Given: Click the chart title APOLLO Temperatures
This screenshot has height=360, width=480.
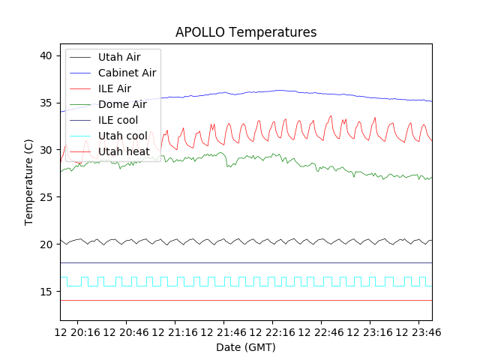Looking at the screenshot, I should click(246, 32).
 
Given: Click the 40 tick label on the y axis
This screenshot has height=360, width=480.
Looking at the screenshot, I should click(46, 55).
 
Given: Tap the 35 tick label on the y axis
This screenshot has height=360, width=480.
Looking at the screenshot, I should click(46, 103).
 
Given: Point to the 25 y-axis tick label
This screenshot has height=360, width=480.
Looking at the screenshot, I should click(46, 197).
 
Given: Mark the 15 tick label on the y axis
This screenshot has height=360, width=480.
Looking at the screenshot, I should click(46, 292).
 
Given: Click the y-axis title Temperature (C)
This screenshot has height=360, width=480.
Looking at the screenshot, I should click(28, 182).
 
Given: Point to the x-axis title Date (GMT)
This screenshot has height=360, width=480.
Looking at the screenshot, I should click(246, 347).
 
